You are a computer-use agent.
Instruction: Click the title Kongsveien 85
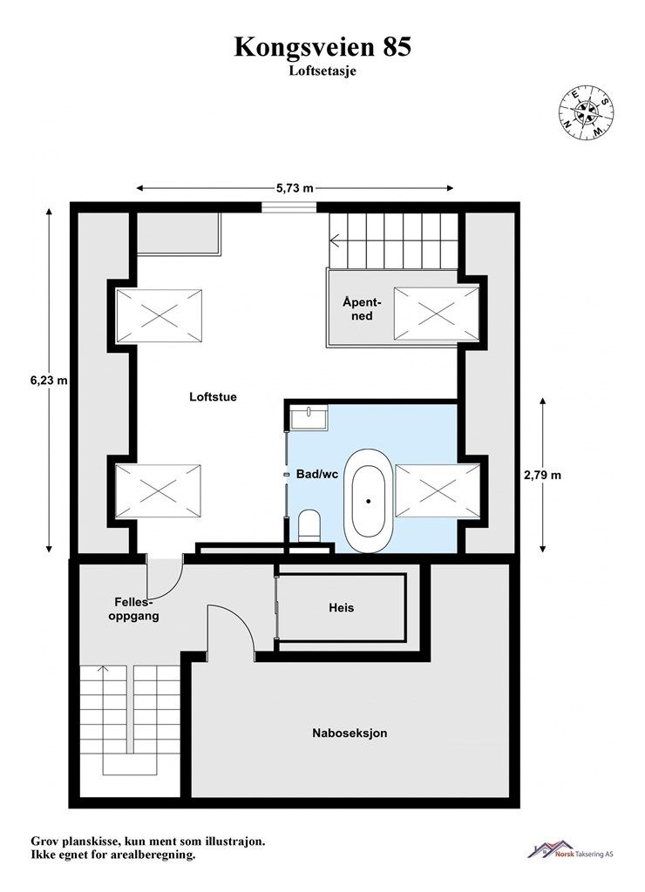322,47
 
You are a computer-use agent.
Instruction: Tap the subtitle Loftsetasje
322,71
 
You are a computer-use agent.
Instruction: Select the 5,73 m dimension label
295,188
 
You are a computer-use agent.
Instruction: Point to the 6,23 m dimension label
49,380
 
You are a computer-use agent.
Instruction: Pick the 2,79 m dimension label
542,475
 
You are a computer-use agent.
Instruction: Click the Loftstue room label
213,397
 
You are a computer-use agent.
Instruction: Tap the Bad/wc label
317,474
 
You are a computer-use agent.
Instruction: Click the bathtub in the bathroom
369,502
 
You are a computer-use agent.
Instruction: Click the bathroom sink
309,417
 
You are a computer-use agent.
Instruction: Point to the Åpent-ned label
362,309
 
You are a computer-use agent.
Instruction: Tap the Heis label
342,607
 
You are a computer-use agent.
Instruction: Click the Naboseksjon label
350,733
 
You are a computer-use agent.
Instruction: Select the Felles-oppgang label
133,609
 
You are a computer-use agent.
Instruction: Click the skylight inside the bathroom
438,491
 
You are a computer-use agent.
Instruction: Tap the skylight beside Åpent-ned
436,314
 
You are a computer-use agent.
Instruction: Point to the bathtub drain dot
369,501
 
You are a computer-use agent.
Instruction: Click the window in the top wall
289,206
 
